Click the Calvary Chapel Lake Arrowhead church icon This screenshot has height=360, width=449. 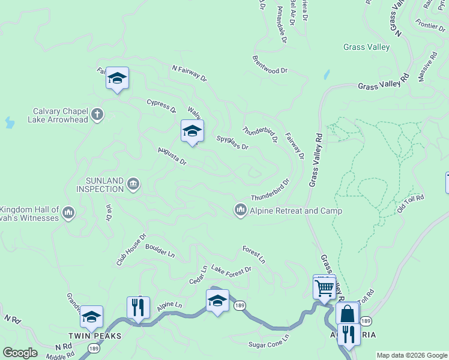(97, 113)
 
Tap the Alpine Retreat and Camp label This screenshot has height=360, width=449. (295, 211)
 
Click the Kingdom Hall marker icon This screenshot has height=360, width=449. (68, 212)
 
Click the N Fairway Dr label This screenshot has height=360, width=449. (188, 74)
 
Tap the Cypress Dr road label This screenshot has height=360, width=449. (161, 106)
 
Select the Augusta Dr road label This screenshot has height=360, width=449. (172, 156)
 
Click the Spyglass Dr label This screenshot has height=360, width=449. (232, 142)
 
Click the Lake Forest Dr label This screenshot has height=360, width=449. (231, 271)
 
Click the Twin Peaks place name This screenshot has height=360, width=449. (95, 336)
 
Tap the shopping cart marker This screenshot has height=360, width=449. (324, 287)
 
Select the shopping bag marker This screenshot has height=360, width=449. (347, 313)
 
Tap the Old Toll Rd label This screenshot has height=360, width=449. (411, 203)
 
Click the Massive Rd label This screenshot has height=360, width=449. (430, 71)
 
